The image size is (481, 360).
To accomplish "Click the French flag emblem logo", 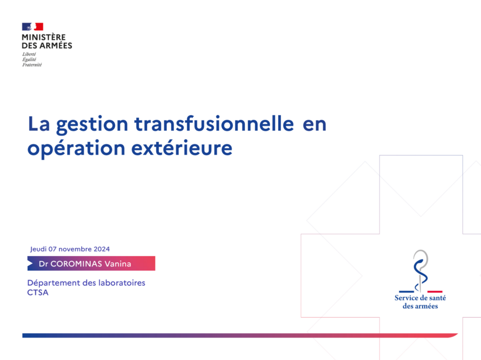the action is click(x=32, y=27).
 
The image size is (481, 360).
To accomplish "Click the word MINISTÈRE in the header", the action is click(x=44, y=37).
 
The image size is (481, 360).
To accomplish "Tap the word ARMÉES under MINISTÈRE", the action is click(x=55, y=46).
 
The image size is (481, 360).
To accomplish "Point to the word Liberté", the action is click(x=29, y=54).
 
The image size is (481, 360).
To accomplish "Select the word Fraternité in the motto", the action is click(x=32, y=65).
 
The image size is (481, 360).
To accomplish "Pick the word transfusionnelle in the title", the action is click(x=214, y=124).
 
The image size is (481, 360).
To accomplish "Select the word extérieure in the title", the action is click(x=182, y=148).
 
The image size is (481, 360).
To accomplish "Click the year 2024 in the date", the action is click(x=101, y=249).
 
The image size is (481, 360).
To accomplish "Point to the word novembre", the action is click(x=75, y=249).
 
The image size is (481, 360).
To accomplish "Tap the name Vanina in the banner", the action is click(x=118, y=264).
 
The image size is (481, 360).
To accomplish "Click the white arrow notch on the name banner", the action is click(x=30, y=263).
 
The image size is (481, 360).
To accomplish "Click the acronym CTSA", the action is click(x=38, y=292).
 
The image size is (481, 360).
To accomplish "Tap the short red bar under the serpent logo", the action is click(x=435, y=291).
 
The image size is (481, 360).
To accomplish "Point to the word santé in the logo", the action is click(x=438, y=297).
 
